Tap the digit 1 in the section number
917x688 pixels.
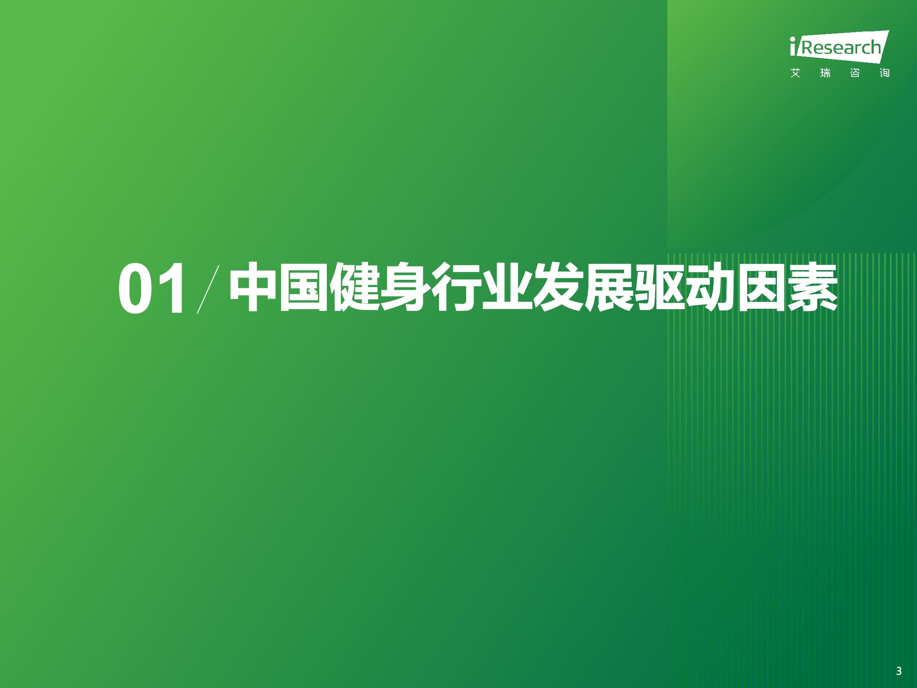click(x=171, y=288)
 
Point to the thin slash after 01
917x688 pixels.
click(x=208, y=289)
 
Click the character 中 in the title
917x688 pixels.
click(x=254, y=287)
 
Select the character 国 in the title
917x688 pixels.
click(x=304, y=287)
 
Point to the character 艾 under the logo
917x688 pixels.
click(x=796, y=73)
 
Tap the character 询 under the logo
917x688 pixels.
click(x=885, y=73)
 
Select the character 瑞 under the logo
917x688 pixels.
click(x=825, y=73)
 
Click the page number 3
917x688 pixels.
click(x=899, y=671)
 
